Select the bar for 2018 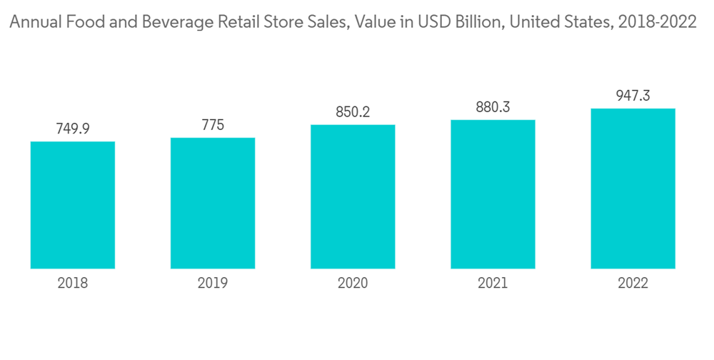coord(73,205)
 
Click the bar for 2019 coord(213,203)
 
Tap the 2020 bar coord(353,196)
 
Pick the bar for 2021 coord(493,194)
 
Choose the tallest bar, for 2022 coord(633,189)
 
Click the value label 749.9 coord(73,129)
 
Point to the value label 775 coord(213,125)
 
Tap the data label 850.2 coord(353,112)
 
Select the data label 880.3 coord(493,107)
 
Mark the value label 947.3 coord(633,96)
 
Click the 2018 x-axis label coord(73,284)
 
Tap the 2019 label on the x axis coord(213,284)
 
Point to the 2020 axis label coord(353,284)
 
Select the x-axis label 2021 coord(493,284)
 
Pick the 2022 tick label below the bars coord(633,284)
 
